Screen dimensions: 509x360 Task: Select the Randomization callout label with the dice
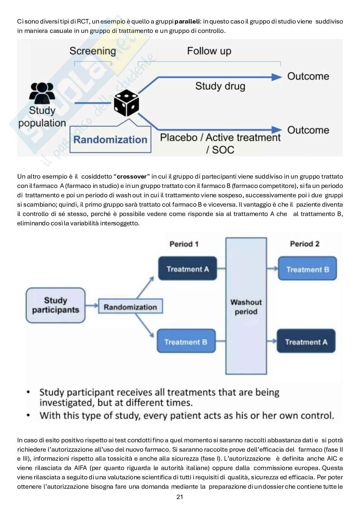click(110, 140)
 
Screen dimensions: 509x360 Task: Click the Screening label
click(93, 51)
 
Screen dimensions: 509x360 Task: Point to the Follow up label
click(209, 51)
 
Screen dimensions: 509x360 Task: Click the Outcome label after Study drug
click(308, 76)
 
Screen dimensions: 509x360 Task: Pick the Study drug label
click(220, 86)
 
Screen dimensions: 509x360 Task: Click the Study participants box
click(55, 305)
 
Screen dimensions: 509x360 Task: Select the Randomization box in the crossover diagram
click(130, 307)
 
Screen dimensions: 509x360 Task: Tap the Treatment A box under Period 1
click(187, 269)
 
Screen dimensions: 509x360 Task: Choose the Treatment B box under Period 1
click(186, 342)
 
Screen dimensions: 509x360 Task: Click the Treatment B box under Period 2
click(307, 269)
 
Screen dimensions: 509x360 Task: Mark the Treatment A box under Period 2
click(306, 342)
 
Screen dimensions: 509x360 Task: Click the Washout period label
click(246, 307)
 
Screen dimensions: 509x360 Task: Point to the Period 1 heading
click(184, 244)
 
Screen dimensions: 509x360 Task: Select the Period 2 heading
click(305, 244)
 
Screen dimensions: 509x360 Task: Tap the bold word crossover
click(132, 177)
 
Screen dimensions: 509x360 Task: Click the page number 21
click(180, 497)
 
